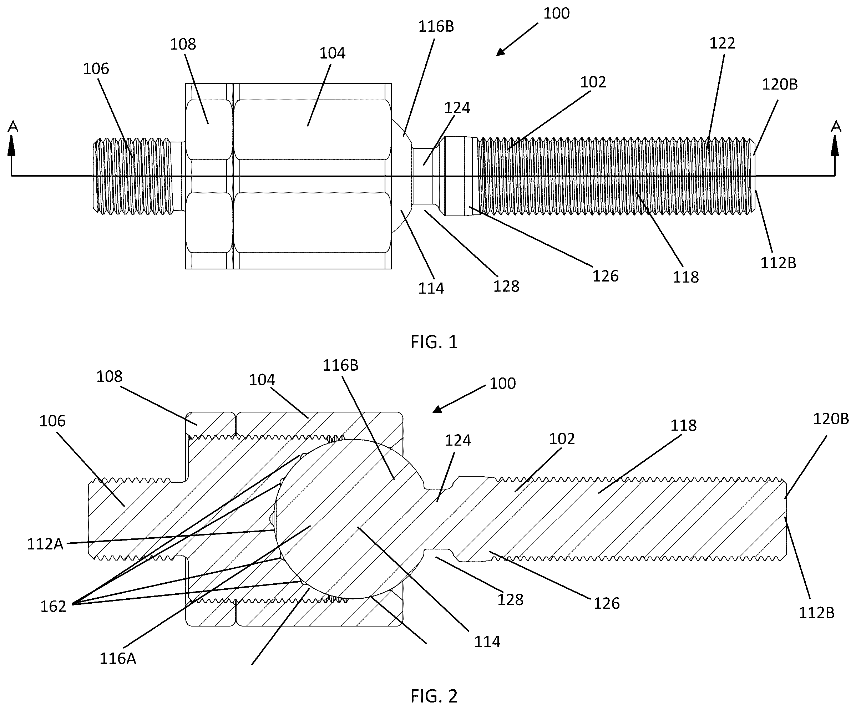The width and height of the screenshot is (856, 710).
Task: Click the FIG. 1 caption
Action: [434, 341]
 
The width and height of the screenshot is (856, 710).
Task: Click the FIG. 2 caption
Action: [434, 696]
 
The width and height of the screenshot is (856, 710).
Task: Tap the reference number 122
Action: [722, 43]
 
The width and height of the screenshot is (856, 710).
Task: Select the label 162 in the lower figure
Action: [53, 607]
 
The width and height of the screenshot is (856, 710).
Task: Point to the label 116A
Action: [118, 659]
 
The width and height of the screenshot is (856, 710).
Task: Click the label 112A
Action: [45, 544]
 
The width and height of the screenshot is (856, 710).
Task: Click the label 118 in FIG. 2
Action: [684, 426]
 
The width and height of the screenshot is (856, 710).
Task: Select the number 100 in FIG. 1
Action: [556, 14]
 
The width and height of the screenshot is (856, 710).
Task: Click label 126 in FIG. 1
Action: [605, 277]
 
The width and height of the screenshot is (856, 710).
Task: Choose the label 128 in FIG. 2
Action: [510, 599]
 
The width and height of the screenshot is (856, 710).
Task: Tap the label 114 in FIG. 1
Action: [431, 289]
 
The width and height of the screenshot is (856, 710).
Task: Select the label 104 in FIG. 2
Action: [262, 380]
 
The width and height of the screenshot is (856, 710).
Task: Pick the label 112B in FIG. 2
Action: [816, 613]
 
